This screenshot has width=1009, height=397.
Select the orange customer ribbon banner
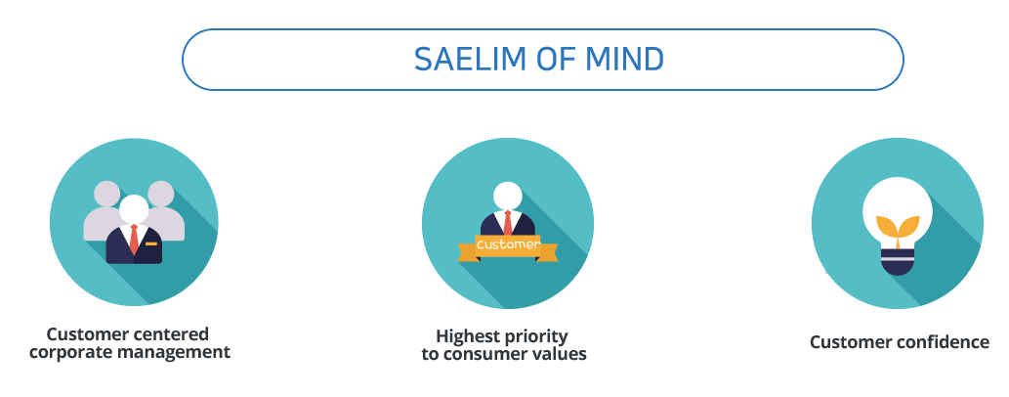[508, 246]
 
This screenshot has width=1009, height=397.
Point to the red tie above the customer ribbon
[508, 222]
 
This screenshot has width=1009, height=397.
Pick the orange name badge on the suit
[151, 243]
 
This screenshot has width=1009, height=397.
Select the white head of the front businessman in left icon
[134, 208]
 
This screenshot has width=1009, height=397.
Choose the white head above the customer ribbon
[508, 196]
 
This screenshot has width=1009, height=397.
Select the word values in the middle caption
[563, 354]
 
